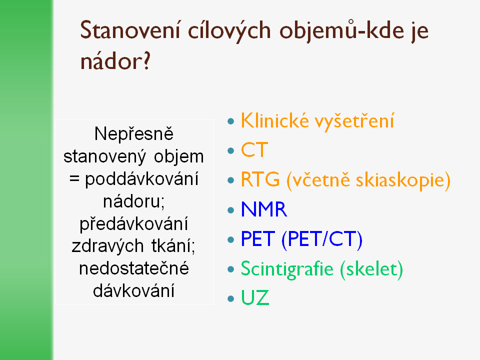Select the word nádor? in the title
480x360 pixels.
click(x=115, y=60)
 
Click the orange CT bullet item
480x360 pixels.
click(x=254, y=149)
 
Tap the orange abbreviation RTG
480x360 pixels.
click(x=260, y=179)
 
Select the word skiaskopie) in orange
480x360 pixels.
click(x=403, y=180)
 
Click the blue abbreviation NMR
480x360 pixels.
click(x=264, y=209)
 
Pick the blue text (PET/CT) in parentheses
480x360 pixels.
click(x=321, y=239)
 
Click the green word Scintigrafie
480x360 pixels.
click(x=287, y=269)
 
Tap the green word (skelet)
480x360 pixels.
click(x=371, y=269)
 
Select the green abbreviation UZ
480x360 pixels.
click(x=255, y=297)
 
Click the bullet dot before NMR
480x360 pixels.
click(x=231, y=210)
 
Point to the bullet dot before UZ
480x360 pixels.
click(x=231, y=298)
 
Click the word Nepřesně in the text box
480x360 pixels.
click(x=134, y=134)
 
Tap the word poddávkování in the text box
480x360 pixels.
click(x=141, y=179)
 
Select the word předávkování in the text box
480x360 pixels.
click(x=134, y=224)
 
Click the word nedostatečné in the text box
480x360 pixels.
click(x=134, y=268)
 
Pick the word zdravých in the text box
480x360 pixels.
click(x=107, y=246)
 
